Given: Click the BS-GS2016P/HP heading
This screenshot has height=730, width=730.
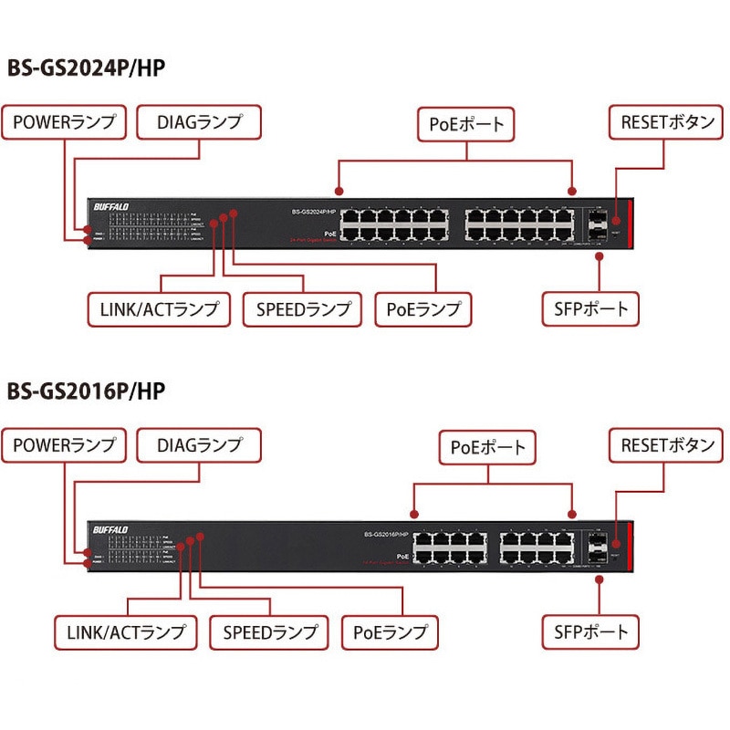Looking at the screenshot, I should pos(86,391).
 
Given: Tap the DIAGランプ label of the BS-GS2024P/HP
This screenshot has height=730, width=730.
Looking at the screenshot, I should pos(199,122).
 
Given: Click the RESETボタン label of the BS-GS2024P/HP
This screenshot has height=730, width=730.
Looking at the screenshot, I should pos(668,122).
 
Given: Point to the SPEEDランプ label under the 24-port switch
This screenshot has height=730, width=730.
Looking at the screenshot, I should pos(303,309).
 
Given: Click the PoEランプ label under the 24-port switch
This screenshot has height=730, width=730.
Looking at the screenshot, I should pos(423,309).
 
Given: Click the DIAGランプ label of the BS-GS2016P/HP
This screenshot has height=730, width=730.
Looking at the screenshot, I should pos(199,445).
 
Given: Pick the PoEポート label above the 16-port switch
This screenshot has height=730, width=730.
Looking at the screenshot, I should pos(488,447).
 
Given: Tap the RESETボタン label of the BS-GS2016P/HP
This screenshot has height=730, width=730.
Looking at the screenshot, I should pos(668,445).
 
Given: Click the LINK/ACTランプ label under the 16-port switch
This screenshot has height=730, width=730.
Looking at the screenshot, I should pos(126,631).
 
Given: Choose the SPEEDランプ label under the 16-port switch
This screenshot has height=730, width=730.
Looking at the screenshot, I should pos(269,631).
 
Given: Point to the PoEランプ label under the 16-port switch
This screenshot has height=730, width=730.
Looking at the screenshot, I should pos(390,631).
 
